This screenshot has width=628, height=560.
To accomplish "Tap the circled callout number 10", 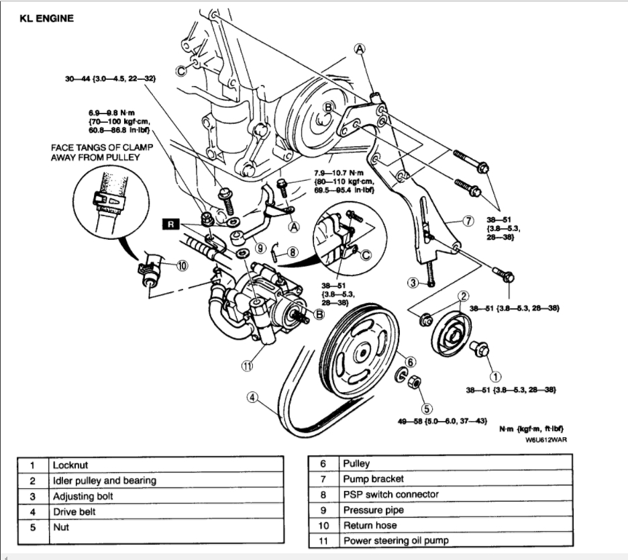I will [x=182, y=265].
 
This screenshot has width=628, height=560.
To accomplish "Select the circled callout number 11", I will [x=249, y=366].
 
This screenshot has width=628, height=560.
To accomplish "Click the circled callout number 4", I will [x=253, y=398].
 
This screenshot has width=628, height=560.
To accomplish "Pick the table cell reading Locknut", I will [x=70, y=465].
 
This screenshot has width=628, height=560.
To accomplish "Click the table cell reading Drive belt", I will [x=74, y=512].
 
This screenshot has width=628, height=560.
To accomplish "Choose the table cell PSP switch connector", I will [x=390, y=495].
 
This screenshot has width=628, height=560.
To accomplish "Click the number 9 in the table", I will [x=323, y=510].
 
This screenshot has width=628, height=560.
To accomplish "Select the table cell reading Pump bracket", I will [x=374, y=479].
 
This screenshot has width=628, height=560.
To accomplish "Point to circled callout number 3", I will [x=414, y=283].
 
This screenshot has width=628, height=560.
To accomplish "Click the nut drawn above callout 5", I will [x=415, y=382].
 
